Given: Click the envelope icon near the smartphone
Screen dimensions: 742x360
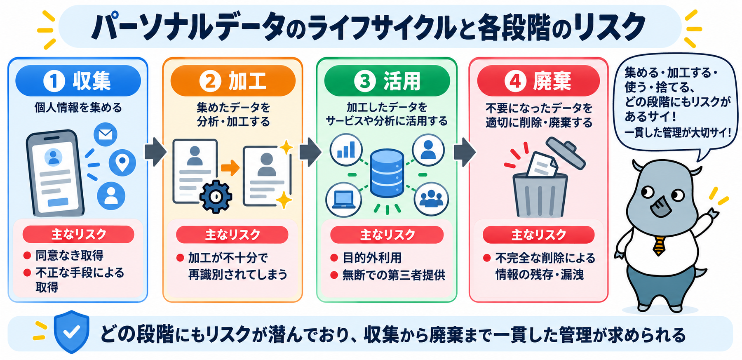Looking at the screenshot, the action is [x=106, y=134].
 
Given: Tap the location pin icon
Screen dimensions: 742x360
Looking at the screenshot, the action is [x=122, y=162].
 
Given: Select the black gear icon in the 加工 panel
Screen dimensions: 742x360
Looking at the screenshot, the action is [x=216, y=196].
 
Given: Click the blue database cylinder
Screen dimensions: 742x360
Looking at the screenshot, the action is [x=387, y=173].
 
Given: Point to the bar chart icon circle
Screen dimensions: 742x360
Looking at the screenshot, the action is [x=346, y=150].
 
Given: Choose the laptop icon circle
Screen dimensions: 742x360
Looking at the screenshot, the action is [x=344, y=200].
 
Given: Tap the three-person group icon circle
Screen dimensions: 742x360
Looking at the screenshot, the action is [x=431, y=199].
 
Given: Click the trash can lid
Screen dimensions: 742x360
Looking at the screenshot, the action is [x=566, y=153].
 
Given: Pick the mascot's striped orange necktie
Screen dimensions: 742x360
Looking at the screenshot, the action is [x=659, y=246].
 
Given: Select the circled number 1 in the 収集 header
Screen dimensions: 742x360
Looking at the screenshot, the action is [x=54, y=81].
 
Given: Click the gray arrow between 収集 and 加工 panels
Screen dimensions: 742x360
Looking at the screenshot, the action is [x=155, y=152].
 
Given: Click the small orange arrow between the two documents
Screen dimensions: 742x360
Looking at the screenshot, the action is [x=230, y=167].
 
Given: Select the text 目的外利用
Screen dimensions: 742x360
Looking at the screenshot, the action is [x=372, y=258].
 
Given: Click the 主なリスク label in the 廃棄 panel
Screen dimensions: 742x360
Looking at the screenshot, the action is [x=539, y=235].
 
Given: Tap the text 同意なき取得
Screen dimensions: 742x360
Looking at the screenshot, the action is [x=69, y=255].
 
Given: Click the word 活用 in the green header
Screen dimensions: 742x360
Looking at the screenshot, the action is [x=402, y=81].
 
